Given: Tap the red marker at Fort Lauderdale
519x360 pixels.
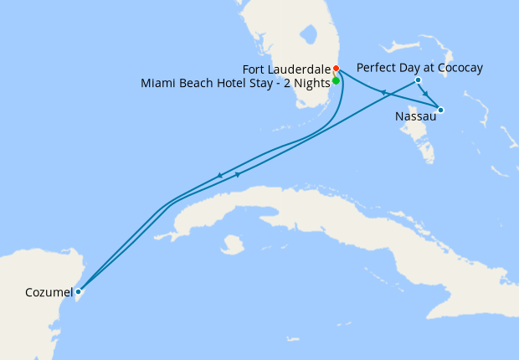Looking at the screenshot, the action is pos(336,69).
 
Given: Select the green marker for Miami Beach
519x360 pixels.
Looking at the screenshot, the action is pos(336,81).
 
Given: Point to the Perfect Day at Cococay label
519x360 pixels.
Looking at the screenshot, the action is pos(419,68).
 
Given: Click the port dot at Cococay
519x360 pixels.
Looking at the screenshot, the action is pos(418,80).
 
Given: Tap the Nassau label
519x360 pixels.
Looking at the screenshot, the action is pos(414,116).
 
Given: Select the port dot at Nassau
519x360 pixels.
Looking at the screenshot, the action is pos(440,110).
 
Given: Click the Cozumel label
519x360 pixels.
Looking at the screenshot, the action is pos(49,293).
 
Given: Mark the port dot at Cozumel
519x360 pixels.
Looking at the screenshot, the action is pos(78,292).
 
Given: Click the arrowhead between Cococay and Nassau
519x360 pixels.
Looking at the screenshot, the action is pos(428,94).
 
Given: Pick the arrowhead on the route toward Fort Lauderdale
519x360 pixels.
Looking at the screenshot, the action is pos(381,92).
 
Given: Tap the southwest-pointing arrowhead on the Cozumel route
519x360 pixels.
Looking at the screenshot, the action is pos(219,176).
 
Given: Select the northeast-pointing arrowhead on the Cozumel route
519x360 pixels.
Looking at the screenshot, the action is pos(239,174).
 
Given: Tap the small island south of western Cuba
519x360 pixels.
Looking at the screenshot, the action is pos(227,245).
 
